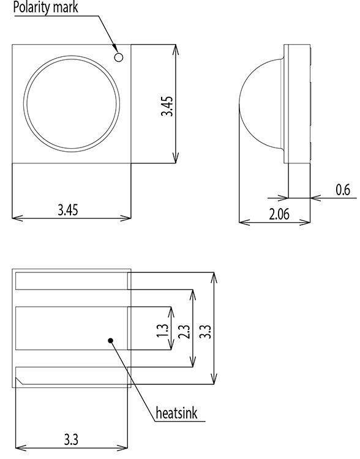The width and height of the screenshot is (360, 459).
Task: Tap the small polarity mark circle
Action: pyautogui.click(x=119, y=57)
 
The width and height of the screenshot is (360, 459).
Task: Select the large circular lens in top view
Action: pyautogui.click(x=72, y=103)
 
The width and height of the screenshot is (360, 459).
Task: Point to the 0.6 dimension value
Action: pyautogui.click(x=342, y=190)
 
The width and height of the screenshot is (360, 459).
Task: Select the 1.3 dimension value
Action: pyautogui.click(x=163, y=330)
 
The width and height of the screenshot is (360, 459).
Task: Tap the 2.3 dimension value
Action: pyautogui.click(x=185, y=330)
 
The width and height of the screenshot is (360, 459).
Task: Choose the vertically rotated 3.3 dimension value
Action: pyautogui.click(x=206, y=330)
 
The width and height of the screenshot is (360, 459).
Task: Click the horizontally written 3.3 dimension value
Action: pyautogui.click(x=71, y=439)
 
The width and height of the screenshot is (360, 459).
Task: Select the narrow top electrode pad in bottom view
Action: pyautogui.click(x=71, y=281)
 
